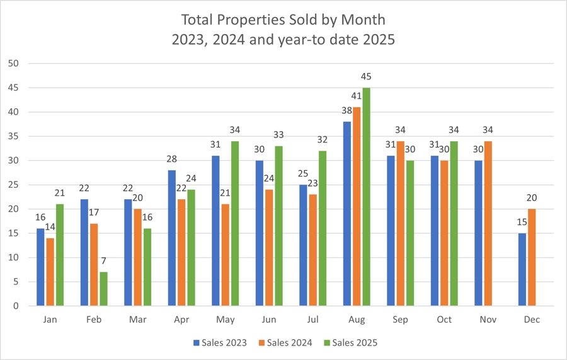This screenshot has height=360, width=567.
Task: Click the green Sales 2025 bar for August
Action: pyautogui.click(x=366, y=197)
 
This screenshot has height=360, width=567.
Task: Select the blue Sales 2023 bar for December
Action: pyautogui.click(x=522, y=269)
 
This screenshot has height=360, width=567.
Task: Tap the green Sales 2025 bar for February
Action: pyautogui.click(x=103, y=289)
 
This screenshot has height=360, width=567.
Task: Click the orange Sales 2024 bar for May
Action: pyautogui.click(x=225, y=255)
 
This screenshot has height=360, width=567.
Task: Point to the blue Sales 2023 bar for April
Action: pyautogui.click(x=173, y=238)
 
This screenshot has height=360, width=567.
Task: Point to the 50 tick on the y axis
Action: pyautogui.click(x=14, y=64)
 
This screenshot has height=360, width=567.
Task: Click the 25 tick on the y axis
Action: pyautogui.click(x=14, y=185)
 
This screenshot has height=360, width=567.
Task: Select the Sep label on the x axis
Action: pyautogui.click(x=400, y=320)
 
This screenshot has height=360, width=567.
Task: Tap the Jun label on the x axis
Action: pyautogui.click(x=269, y=320)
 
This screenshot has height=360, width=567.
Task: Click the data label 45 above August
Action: pyautogui.click(x=366, y=77)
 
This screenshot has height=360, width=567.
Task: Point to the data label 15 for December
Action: pyautogui.click(x=522, y=222)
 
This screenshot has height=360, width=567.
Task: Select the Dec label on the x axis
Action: pyautogui.click(x=531, y=320)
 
